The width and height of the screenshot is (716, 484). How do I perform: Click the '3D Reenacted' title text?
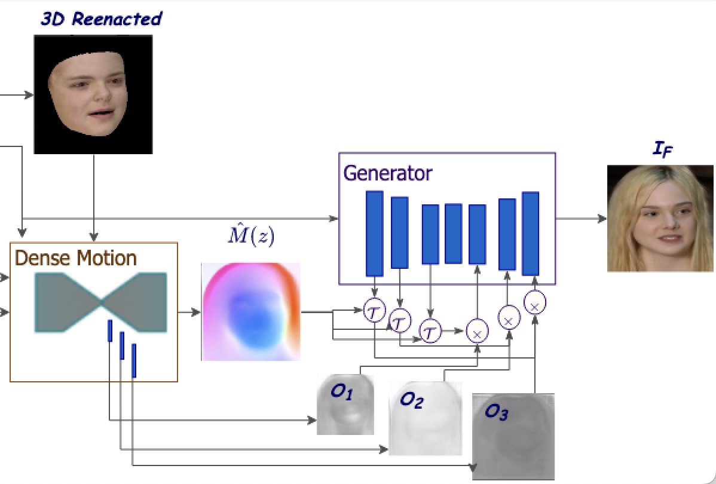click(x=101, y=19)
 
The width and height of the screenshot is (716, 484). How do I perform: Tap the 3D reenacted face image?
click(x=93, y=94)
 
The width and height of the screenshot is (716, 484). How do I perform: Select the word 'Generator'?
click(x=387, y=173)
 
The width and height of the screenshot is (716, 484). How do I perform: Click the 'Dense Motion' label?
click(x=75, y=258)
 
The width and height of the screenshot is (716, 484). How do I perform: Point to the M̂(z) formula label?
click(x=251, y=237)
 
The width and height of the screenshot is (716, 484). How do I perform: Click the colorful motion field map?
click(x=251, y=312)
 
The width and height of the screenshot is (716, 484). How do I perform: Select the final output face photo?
click(x=661, y=219)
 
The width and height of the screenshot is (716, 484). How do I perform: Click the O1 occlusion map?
click(x=345, y=405)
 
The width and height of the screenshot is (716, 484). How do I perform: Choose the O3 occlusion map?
click(x=513, y=436)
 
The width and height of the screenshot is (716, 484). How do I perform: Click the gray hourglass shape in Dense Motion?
click(x=100, y=302)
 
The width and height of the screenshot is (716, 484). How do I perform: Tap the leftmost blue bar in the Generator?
click(x=375, y=233)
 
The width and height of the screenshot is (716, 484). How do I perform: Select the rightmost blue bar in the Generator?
click(x=531, y=233)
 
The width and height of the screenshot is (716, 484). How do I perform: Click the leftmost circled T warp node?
click(x=374, y=310)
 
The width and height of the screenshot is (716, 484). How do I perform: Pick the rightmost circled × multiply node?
click(x=535, y=305)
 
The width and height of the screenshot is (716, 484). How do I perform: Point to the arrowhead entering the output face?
click(x=603, y=219)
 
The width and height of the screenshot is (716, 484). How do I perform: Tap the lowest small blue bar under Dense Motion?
click(x=134, y=360)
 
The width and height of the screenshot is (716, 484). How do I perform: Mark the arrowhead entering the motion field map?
click(x=197, y=312)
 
